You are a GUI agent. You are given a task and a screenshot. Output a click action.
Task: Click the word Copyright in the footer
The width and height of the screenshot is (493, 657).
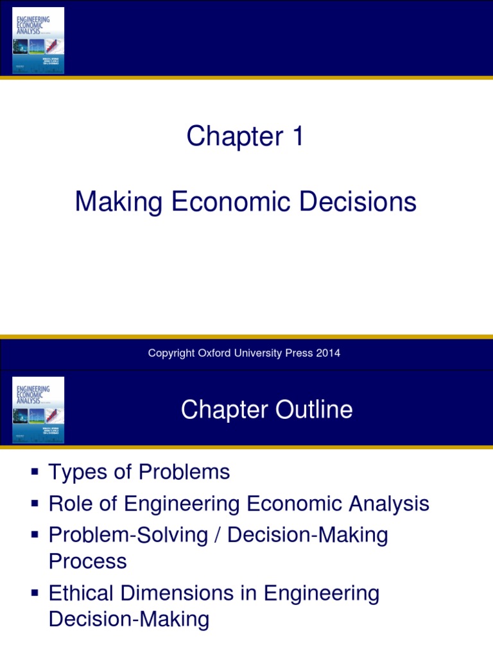[170, 353]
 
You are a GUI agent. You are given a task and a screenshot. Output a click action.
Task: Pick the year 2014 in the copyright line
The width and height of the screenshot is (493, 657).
[329, 353]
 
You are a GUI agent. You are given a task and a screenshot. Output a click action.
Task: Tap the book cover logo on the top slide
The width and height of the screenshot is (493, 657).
[39, 40]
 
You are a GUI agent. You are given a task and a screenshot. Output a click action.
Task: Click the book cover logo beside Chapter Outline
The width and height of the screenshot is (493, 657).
[39, 409]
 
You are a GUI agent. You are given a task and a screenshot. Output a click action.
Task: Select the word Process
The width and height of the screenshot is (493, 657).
[87, 561]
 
